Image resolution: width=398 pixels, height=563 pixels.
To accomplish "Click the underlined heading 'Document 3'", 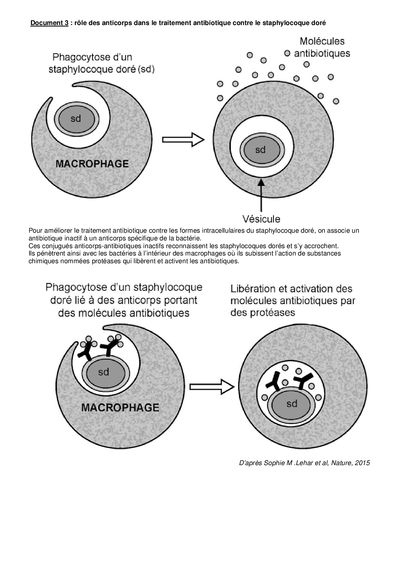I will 49,23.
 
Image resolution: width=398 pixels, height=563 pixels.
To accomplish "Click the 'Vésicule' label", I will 261,219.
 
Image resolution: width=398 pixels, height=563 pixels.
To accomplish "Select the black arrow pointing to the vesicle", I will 261,196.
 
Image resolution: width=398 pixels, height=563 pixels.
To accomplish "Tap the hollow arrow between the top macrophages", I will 183,140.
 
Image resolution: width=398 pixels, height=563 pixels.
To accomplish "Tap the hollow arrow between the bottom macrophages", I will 212,386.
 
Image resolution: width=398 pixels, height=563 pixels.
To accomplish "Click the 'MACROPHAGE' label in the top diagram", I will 92,164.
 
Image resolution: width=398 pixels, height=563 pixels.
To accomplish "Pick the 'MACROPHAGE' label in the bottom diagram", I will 120,408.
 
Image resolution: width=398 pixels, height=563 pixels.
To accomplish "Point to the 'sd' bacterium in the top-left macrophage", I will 76,119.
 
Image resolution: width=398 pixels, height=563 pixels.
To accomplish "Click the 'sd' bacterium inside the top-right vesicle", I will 260,150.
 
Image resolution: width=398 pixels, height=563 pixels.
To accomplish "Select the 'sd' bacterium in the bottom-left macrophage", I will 104,372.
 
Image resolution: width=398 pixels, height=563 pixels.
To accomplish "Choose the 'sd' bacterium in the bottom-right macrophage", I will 292,403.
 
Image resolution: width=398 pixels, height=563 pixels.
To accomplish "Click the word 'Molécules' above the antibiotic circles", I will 322,41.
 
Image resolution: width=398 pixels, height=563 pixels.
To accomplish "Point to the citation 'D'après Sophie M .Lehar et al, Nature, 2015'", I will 304,463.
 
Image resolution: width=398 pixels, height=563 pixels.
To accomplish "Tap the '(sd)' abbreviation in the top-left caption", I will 146,70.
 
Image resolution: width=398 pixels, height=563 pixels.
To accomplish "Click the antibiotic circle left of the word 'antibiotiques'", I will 287,53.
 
